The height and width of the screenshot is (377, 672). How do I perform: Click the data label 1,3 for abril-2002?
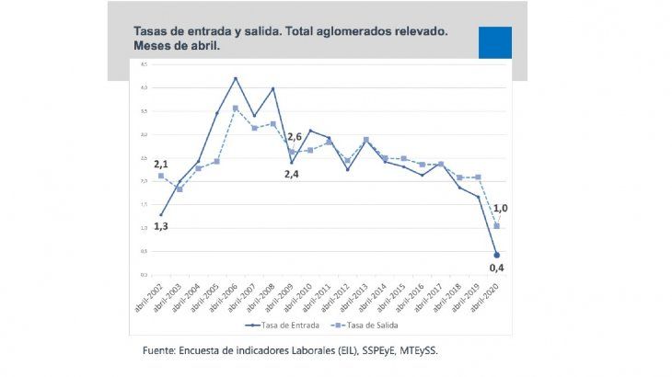[x=160, y=226]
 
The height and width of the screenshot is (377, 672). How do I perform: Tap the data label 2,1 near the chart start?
[x=160, y=162]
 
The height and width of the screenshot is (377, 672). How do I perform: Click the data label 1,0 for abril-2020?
[x=501, y=209]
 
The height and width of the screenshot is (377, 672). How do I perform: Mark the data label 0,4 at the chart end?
[x=497, y=268]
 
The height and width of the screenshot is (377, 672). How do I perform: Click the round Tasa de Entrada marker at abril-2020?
[x=497, y=255]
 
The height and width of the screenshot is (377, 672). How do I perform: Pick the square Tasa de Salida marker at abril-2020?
[x=497, y=225]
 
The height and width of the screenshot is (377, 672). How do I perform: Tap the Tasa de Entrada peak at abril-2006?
[x=235, y=78]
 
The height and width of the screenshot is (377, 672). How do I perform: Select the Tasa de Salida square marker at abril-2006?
[x=235, y=109]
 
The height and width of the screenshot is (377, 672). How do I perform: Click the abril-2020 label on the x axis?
[x=487, y=295]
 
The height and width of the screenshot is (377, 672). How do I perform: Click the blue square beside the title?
[x=494, y=42]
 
